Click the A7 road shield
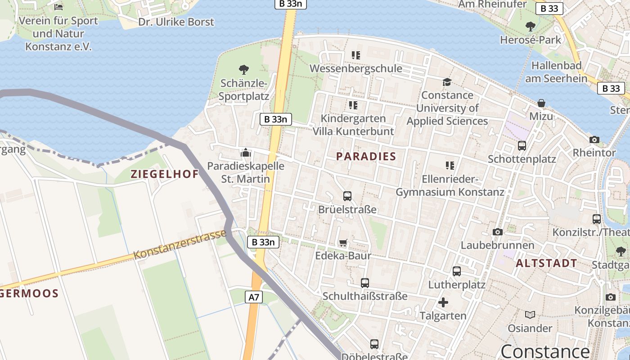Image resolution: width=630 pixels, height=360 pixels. coord(254,297)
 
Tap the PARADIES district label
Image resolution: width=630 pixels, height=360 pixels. coord(366,157)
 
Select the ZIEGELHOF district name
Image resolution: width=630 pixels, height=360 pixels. coord(165,174)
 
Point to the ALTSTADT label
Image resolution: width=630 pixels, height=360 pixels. coord(546,263)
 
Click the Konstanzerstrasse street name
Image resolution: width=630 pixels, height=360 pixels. coord(180,245)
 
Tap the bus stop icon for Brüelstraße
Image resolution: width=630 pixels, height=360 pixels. coord(347,196)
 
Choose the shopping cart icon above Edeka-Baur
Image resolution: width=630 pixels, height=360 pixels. coord(343,243)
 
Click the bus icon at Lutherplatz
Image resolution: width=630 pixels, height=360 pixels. coord(456,271)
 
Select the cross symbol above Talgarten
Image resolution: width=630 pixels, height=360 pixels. coord(443,302)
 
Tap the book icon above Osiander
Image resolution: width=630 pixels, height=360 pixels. coord(530,315)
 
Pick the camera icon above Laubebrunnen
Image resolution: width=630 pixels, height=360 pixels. coord(497,232)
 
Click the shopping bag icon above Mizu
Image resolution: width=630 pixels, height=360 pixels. coord(541,103)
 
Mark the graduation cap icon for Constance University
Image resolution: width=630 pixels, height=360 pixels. coord(447,82)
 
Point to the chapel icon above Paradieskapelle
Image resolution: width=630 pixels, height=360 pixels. coord(245,153)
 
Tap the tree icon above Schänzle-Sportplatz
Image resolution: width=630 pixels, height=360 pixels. coord(244,70)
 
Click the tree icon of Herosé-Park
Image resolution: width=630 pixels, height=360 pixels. coord(531,26)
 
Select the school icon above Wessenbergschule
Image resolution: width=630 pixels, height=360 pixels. coord(356,55)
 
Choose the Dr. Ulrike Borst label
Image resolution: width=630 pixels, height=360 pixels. coord(176,22)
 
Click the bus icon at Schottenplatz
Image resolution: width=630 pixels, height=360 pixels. coord(522,146)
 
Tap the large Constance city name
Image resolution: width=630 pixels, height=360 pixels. coord(545,351)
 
